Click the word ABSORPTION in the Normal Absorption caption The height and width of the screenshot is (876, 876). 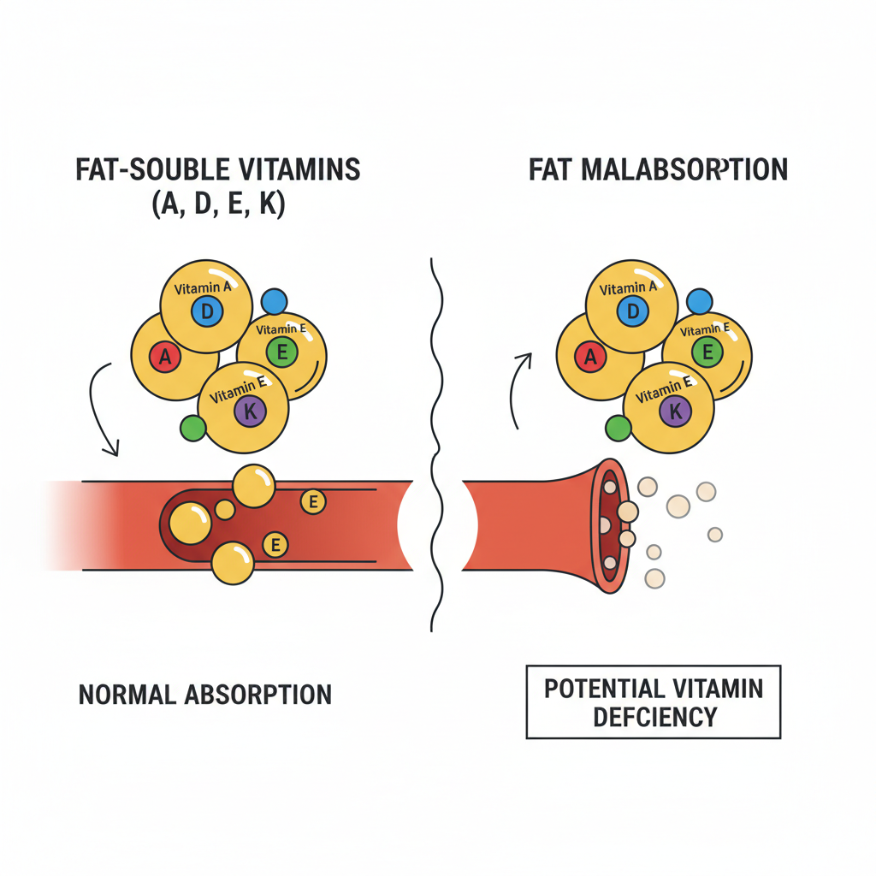[257, 694]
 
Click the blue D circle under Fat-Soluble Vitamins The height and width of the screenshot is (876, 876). [207, 312]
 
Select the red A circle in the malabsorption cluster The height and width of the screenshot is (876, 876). [590, 358]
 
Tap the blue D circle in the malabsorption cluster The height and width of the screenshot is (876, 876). [633, 312]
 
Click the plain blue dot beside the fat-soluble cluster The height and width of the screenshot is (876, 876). [274, 300]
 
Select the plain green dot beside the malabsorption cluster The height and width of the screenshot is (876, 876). [618, 429]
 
